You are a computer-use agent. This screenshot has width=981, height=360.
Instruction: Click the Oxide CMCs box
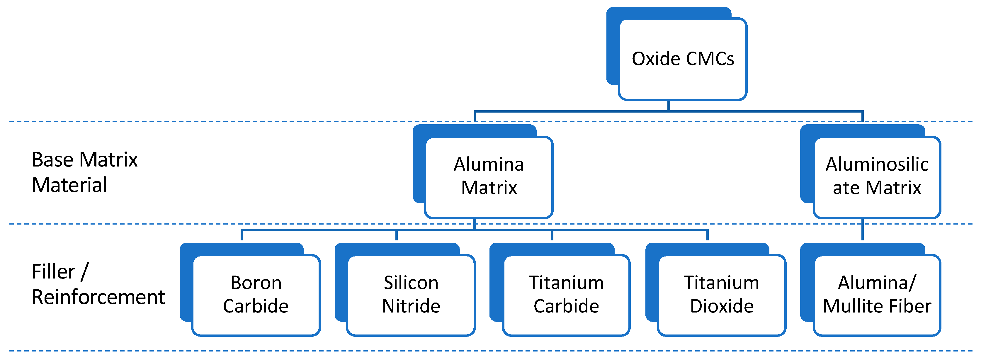click(x=682, y=59)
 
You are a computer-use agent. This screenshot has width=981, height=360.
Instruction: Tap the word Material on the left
click(x=69, y=186)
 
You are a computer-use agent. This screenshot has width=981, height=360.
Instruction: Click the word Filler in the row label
click(x=53, y=272)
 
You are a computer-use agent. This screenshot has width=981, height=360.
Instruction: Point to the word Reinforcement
click(x=98, y=298)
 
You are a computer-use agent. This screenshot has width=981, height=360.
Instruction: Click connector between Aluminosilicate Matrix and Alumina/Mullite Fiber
click(x=862, y=229)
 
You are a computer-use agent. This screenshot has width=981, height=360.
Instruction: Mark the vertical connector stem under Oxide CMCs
click(x=669, y=106)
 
